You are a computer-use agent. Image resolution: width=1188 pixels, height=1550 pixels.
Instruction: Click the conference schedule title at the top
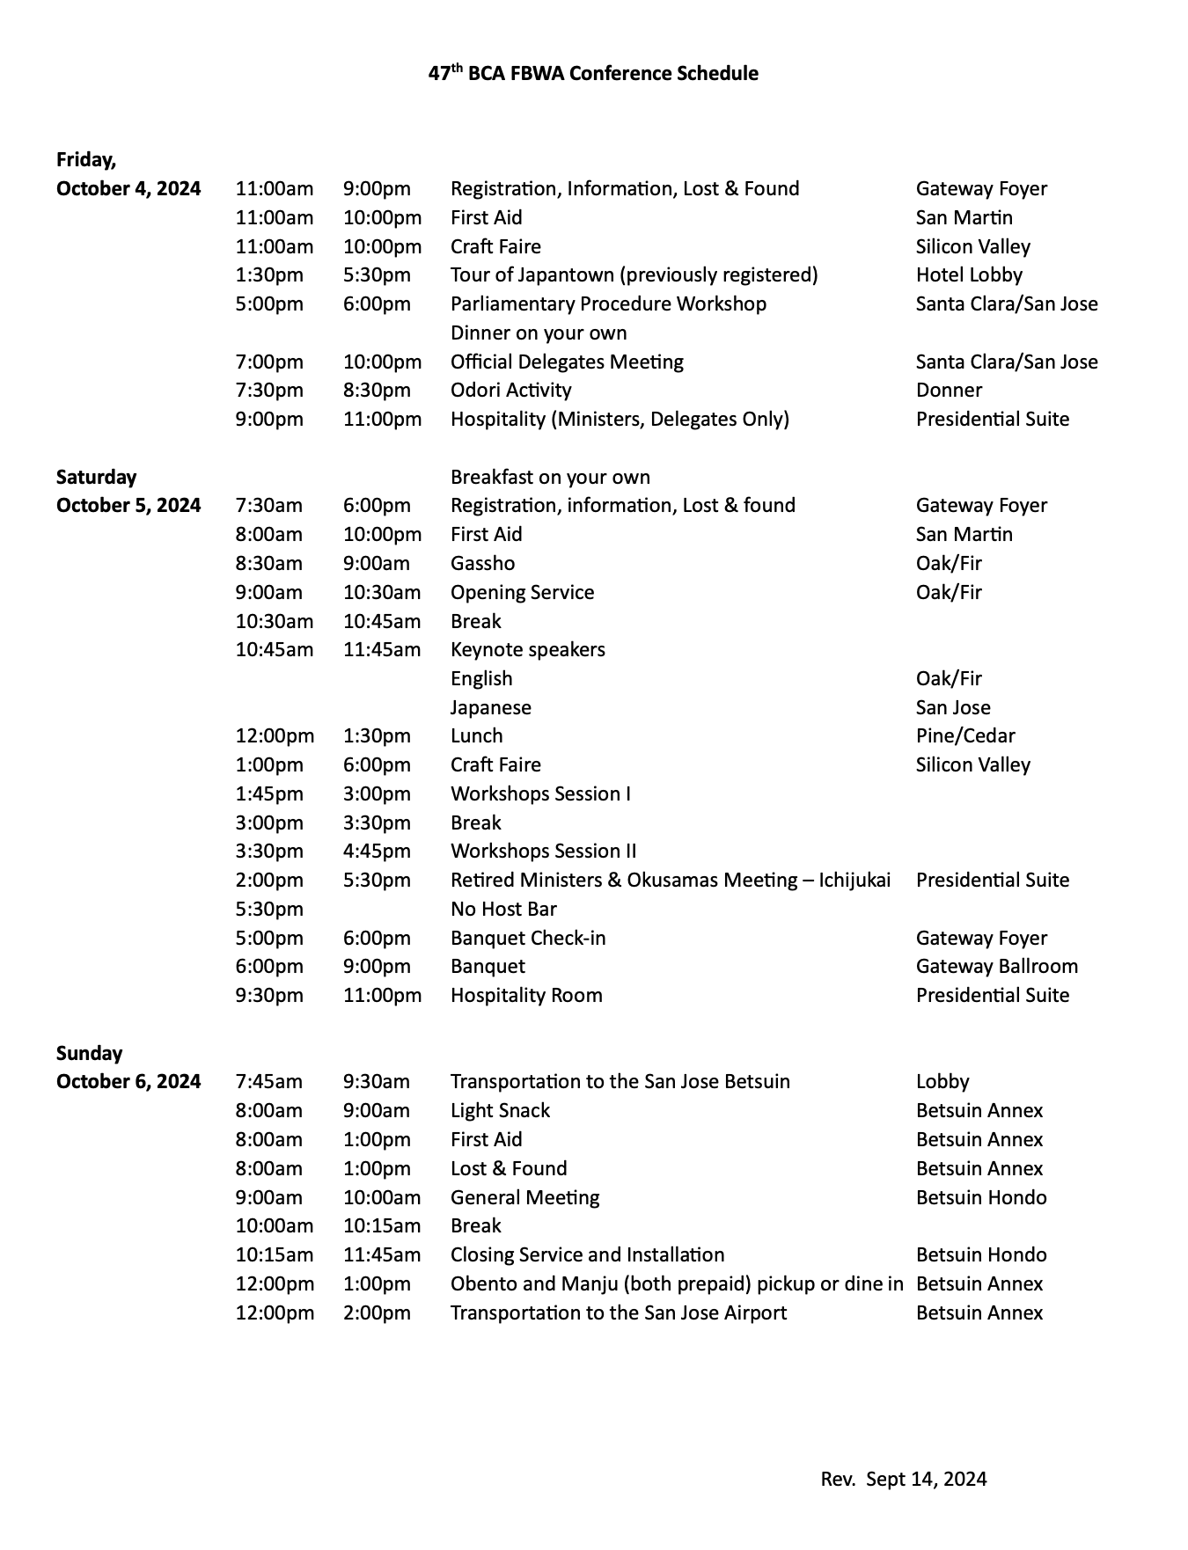(x=593, y=74)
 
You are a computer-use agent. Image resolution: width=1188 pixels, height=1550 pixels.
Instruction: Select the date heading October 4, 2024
(x=128, y=188)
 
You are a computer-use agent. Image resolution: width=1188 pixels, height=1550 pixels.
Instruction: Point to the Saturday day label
(x=96, y=477)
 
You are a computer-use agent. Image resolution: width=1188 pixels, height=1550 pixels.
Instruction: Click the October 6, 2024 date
(x=128, y=1081)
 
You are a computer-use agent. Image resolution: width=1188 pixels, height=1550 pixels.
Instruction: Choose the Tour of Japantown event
(x=634, y=274)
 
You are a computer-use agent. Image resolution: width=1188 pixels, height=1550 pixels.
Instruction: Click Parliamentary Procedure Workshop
(x=608, y=303)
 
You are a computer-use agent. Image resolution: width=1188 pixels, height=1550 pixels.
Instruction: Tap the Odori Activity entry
(x=510, y=390)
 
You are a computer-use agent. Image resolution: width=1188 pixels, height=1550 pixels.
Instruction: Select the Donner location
(x=949, y=390)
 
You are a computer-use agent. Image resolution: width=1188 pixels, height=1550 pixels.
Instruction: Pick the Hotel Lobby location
(x=969, y=274)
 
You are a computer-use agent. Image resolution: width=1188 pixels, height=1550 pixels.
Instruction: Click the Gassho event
(x=482, y=563)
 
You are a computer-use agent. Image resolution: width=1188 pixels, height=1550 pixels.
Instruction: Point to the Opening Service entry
(x=522, y=592)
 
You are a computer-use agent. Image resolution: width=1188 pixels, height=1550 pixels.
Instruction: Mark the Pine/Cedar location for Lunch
(x=965, y=735)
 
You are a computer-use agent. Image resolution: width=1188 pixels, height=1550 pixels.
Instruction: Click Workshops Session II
(x=543, y=851)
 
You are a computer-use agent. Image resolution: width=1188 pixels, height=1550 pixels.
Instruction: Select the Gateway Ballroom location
(x=996, y=966)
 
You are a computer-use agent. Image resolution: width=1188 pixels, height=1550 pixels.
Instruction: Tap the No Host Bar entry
(x=503, y=909)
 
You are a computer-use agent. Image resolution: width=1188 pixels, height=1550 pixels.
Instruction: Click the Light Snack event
(x=500, y=1110)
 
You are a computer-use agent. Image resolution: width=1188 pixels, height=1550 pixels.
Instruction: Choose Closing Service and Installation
(x=587, y=1254)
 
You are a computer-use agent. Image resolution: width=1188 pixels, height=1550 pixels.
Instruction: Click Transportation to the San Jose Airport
(x=619, y=1312)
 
